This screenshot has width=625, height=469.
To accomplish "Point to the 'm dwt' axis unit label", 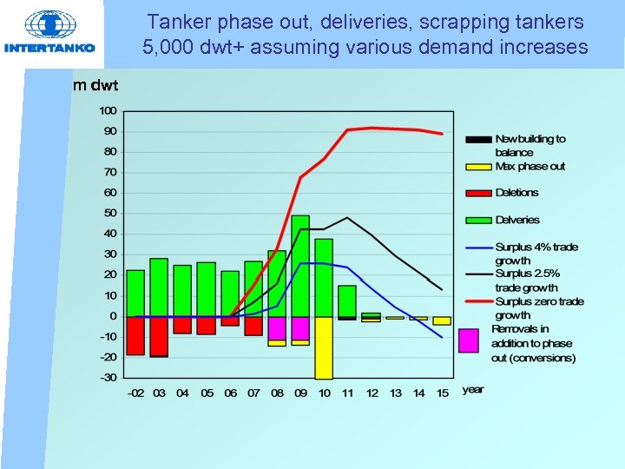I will pyautogui.click(x=96, y=84).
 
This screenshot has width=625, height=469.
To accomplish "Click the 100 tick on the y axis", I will pyautogui.click(x=109, y=110).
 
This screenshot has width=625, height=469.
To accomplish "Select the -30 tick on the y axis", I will pyautogui.click(x=109, y=378).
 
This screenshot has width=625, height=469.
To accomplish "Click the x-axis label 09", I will pyautogui.click(x=300, y=393).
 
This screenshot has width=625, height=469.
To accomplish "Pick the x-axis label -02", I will pyautogui.click(x=135, y=393).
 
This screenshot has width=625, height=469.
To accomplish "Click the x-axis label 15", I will pyautogui.click(x=442, y=393).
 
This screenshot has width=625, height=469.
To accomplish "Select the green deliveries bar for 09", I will pyautogui.click(x=300, y=265).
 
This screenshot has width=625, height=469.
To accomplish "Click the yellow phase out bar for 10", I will pyautogui.click(x=324, y=347).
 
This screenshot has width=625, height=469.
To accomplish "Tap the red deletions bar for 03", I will pyautogui.click(x=159, y=336).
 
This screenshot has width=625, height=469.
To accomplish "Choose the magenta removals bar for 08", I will pyautogui.click(x=277, y=327).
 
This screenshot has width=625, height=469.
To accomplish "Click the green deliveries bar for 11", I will pyautogui.click(x=347, y=301).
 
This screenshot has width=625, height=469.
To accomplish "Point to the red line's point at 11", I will pyautogui.click(x=347, y=130).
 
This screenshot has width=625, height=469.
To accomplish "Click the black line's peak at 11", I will pyautogui.click(x=347, y=217).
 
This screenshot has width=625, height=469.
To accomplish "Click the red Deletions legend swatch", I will pyautogui.click(x=478, y=193).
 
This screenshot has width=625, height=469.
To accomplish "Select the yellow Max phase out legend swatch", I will pyautogui.click(x=478, y=166).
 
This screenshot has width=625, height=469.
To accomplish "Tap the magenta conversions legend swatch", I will pyautogui.click(x=469, y=340).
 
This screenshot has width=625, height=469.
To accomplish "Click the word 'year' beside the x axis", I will pyautogui.click(x=473, y=390).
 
